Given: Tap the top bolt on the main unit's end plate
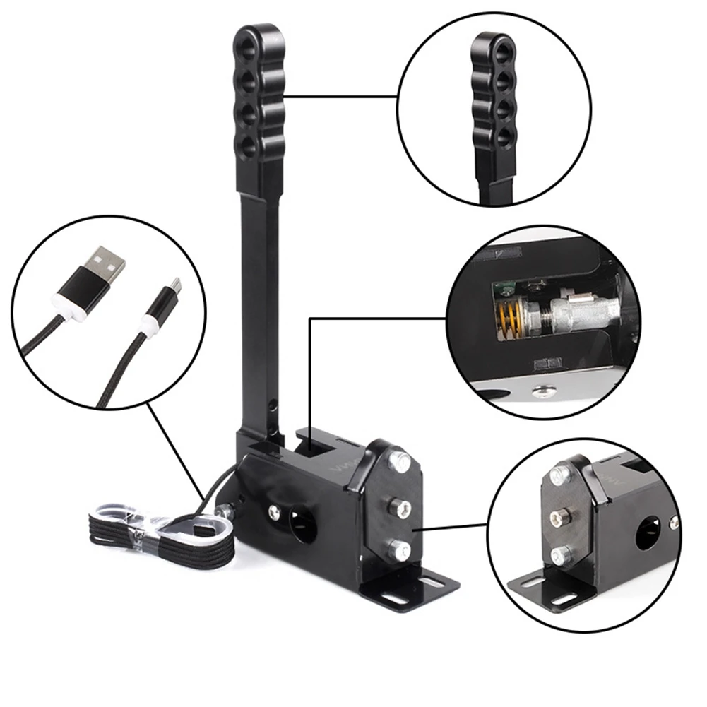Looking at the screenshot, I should coord(400,463).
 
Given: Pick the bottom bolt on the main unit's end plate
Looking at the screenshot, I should coord(400,549).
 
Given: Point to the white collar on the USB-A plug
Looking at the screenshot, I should coord(68,306).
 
